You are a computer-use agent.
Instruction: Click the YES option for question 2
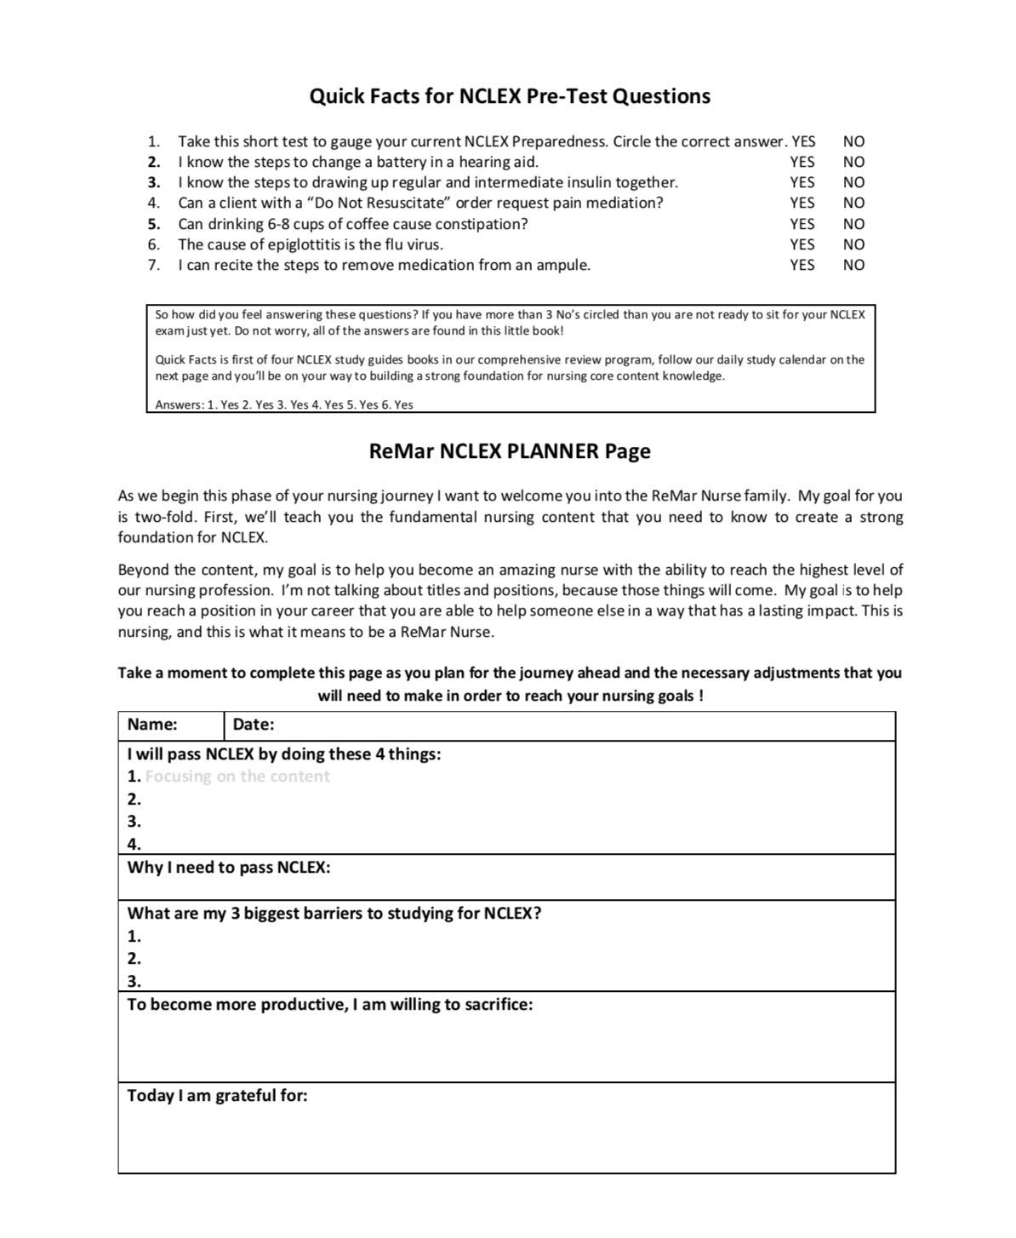[802, 162]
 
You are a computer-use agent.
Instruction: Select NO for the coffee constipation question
[853, 224]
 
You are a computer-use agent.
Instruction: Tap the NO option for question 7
[853, 265]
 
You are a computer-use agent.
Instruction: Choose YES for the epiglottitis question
[802, 244]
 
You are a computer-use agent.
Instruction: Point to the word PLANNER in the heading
[553, 451]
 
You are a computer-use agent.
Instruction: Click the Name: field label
[152, 725]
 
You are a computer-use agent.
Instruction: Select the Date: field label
[254, 725]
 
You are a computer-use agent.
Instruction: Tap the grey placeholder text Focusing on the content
[237, 777]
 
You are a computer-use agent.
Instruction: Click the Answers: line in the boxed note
[283, 405]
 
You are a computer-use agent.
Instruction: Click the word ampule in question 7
[562, 265]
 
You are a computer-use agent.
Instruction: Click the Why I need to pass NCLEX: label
[229, 868]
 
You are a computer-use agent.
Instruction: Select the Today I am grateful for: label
[217, 1096]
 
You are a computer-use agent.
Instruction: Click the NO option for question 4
[853, 203]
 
